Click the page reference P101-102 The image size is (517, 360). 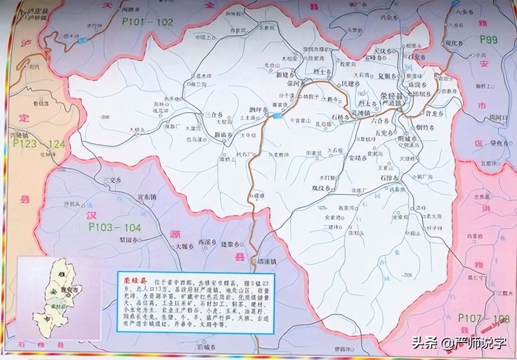pos(145,22)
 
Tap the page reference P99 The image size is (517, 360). pos(488,39)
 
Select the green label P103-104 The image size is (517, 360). pos(114,227)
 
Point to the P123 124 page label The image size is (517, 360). pos(39,144)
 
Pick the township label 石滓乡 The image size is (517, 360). pos(389,178)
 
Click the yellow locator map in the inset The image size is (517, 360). pos(54,290)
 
